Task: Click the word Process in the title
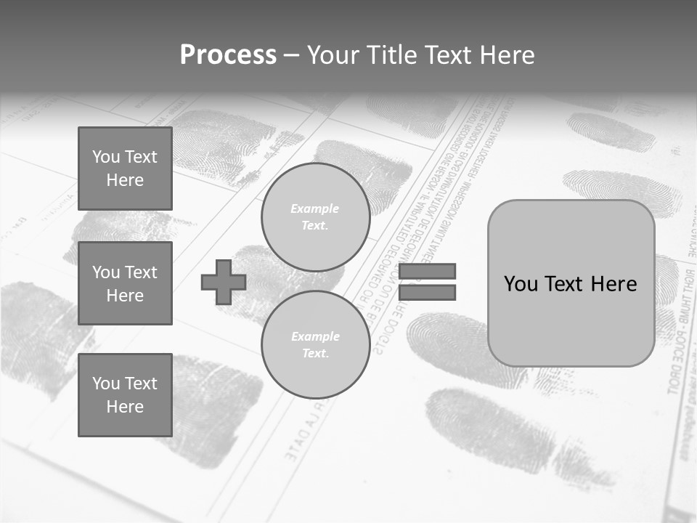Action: (228, 55)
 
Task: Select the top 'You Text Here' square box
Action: (125, 169)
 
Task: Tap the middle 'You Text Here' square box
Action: (125, 283)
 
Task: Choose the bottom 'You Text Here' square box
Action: (125, 394)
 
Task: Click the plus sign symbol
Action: (224, 282)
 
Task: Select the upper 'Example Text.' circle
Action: (315, 217)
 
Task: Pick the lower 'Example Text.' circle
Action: (315, 345)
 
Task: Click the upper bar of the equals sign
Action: (427, 272)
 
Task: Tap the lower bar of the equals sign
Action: (427, 293)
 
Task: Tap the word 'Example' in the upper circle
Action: (315, 208)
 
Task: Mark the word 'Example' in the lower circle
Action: (315, 336)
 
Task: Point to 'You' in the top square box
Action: (106, 157)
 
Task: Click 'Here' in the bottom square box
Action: (125, 407)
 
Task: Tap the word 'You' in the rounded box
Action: (521, 283)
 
